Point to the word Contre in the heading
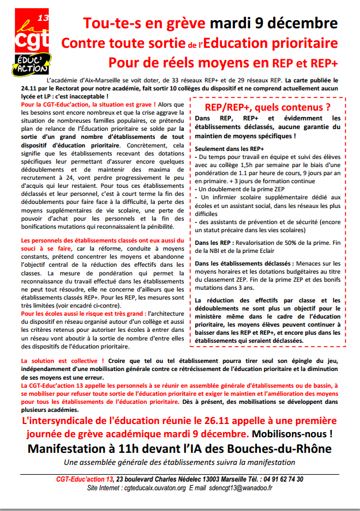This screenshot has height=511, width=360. (x=81, y=43)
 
